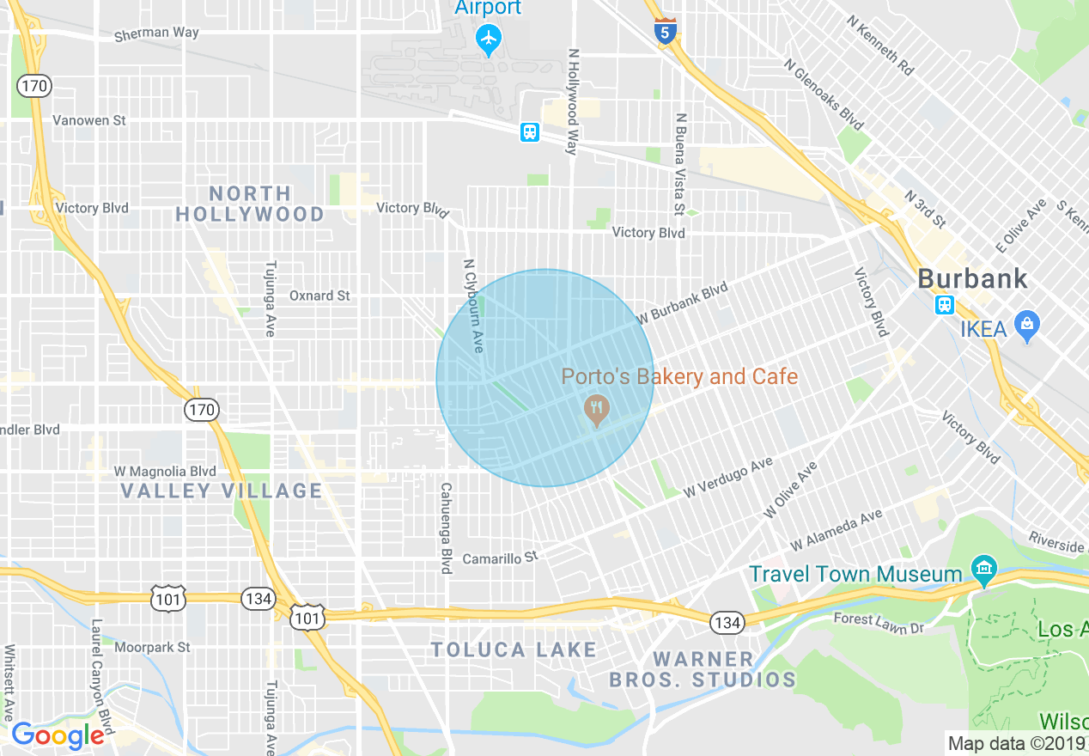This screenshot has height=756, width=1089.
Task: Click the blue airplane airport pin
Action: coord(489,39)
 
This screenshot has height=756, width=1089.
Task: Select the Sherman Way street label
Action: coord(156,34)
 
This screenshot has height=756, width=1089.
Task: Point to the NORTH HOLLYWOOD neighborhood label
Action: coord(250,204)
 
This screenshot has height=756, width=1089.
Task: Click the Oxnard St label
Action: coord(319,296)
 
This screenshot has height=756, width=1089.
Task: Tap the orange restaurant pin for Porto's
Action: coord(595,410)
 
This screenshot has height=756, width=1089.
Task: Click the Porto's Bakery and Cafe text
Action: coord(679,376)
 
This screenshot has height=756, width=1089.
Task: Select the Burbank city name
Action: coord(972,278)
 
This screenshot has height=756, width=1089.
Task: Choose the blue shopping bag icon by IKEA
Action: coord(1026,325)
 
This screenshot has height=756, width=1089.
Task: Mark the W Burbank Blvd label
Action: coord(681,303)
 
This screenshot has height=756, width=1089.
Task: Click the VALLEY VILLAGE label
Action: coord(221,491)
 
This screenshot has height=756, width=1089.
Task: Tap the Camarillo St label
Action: coord(500,558)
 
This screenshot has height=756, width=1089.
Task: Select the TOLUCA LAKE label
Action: coord(514,649)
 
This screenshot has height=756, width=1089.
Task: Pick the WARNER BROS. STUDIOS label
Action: coord(703,670)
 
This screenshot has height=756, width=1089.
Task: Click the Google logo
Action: coord(58,735)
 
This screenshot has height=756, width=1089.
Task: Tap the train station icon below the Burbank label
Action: coord(945,305)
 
